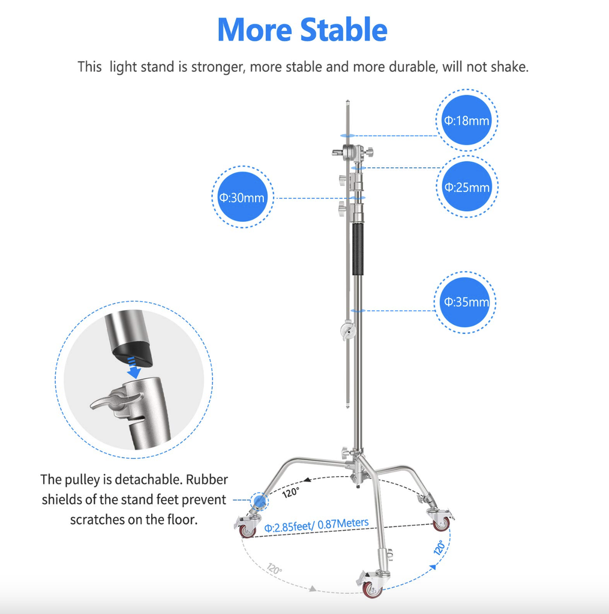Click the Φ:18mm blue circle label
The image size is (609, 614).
click(466, 120)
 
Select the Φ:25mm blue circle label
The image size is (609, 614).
click(466, 187)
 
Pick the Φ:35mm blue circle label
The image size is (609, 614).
click(466, 302)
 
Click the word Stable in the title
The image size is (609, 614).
click(344, 30)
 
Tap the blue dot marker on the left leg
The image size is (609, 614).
click(259, 500)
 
